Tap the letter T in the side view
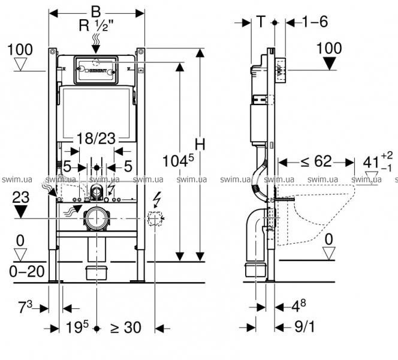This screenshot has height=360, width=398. point(261,22)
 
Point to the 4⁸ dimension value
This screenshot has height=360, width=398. point(300,307)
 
